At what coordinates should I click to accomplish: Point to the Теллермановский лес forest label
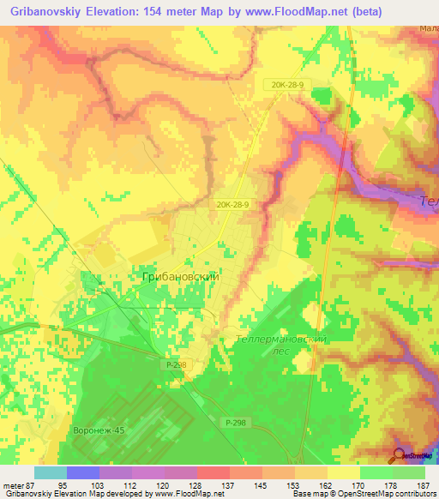click(x=281, y=346)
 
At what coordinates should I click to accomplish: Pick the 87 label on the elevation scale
click(x=33, y=484)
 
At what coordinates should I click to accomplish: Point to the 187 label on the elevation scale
click(x=422, y=484)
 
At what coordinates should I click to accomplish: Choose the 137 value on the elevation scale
click(x=227, y=484)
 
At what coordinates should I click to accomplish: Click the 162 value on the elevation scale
click(x=325, y=484)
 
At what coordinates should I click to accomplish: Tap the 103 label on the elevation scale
click(x=99, y=484)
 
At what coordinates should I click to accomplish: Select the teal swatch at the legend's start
click(x=50, y=472)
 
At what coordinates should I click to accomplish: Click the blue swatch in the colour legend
click(x=82, y=472)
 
